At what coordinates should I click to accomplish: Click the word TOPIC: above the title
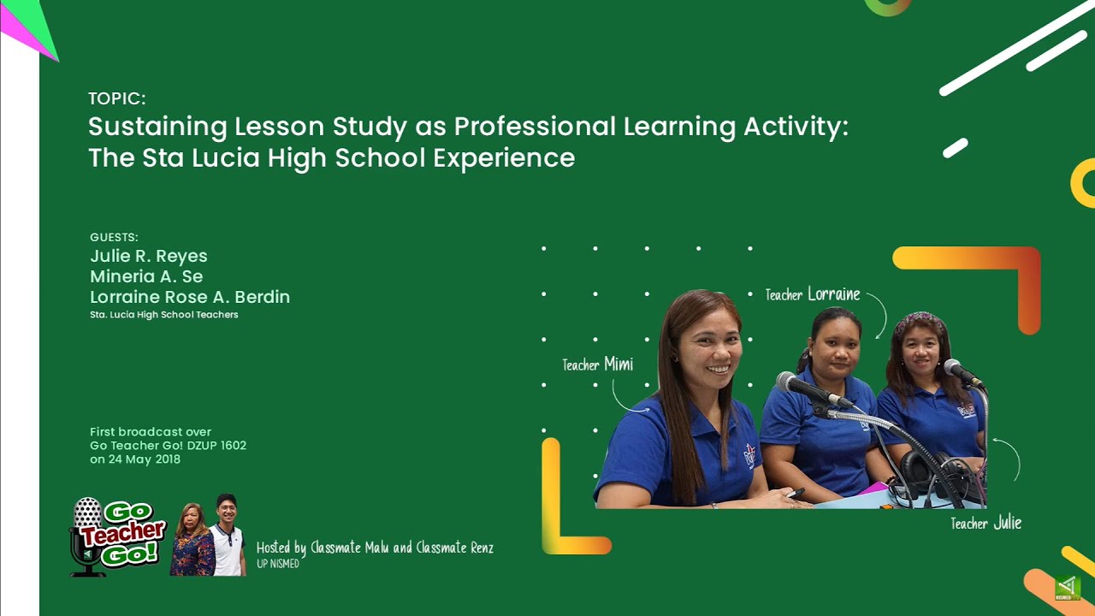point(117,98)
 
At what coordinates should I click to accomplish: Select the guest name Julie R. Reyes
point(149,256)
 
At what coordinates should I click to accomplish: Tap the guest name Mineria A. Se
point(146,276)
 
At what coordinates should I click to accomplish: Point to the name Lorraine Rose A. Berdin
point(190,297)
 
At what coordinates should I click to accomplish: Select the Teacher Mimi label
point(598,364)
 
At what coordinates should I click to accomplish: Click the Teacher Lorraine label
point(813,294)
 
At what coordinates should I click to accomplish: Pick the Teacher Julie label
point(985,523)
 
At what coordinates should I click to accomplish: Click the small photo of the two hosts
point(209,536)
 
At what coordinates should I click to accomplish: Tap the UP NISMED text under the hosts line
point(278,564)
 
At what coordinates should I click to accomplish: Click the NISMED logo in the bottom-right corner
point(1068,588)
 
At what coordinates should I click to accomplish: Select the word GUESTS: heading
point(114,237)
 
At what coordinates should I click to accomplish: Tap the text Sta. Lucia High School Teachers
point(164,315)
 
